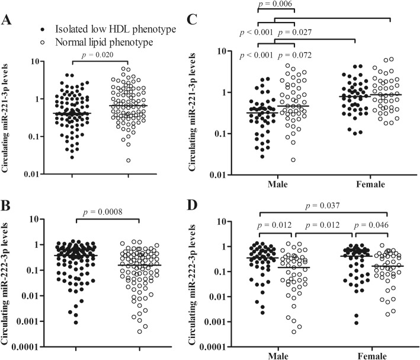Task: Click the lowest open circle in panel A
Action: tap(128, 160)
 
